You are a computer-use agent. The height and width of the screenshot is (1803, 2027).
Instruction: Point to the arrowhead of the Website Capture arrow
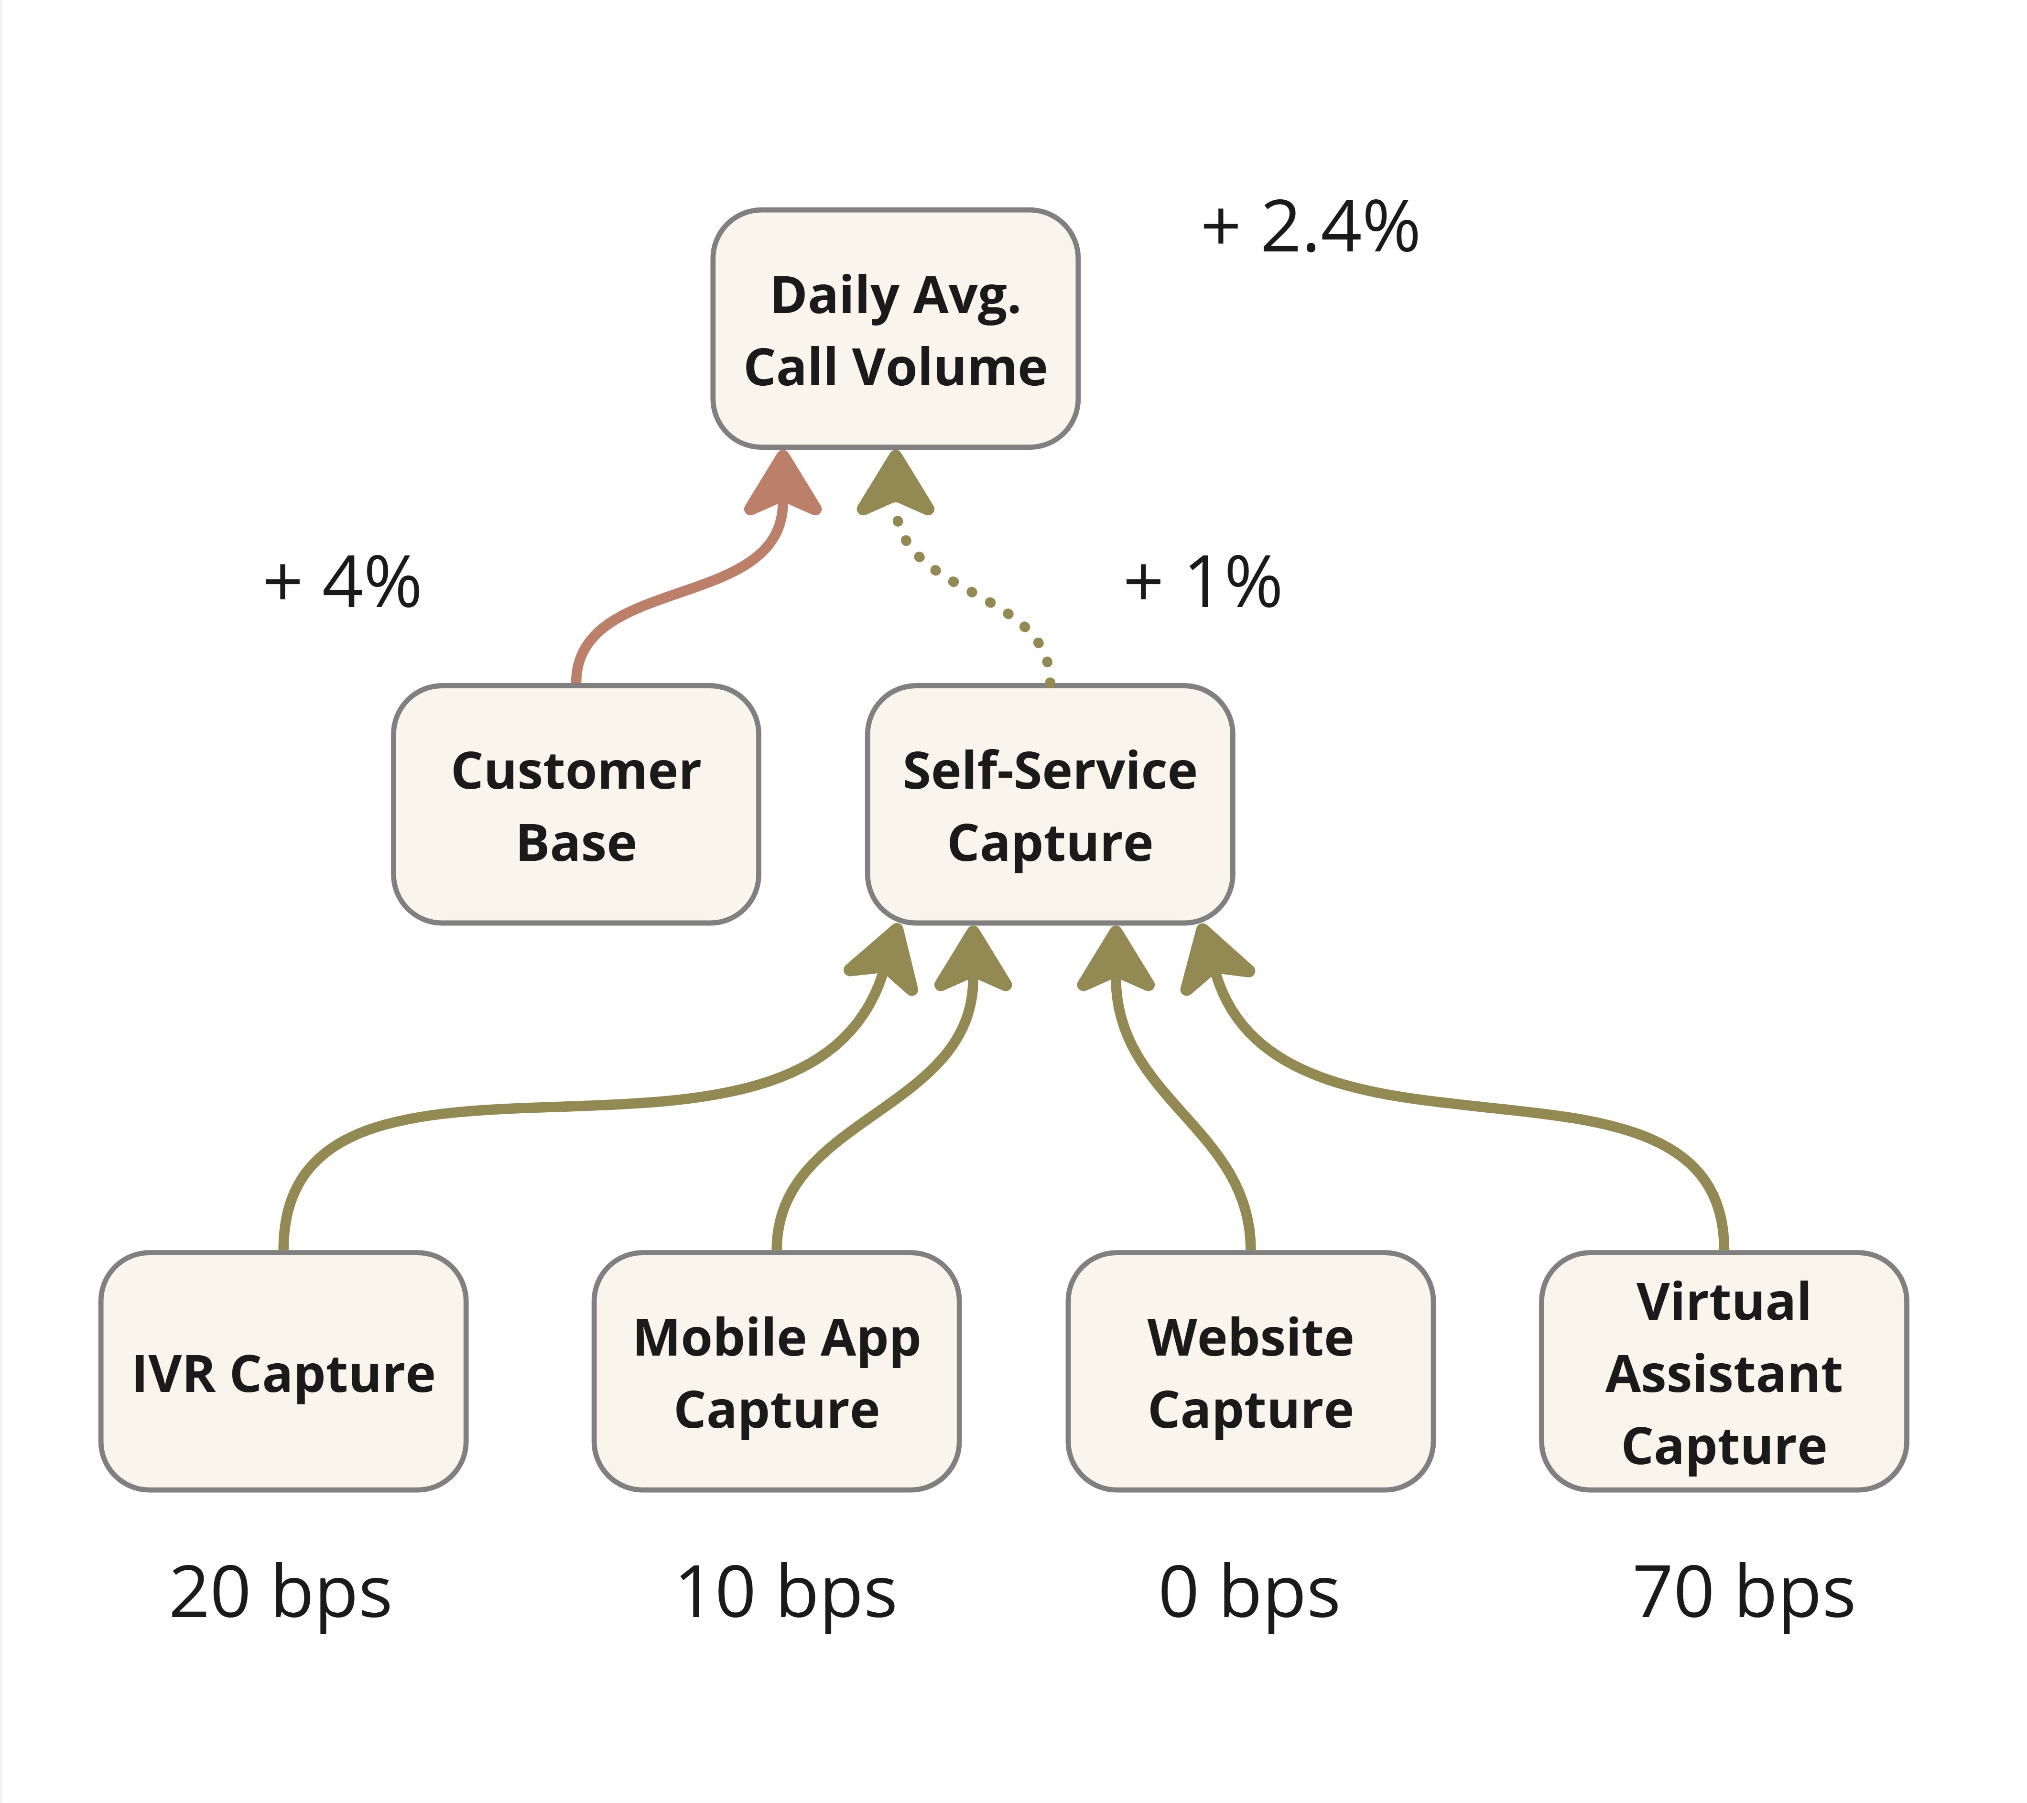tap(1116, 960)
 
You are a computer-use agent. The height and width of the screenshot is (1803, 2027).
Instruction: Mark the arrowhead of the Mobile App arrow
tap(973, 960)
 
